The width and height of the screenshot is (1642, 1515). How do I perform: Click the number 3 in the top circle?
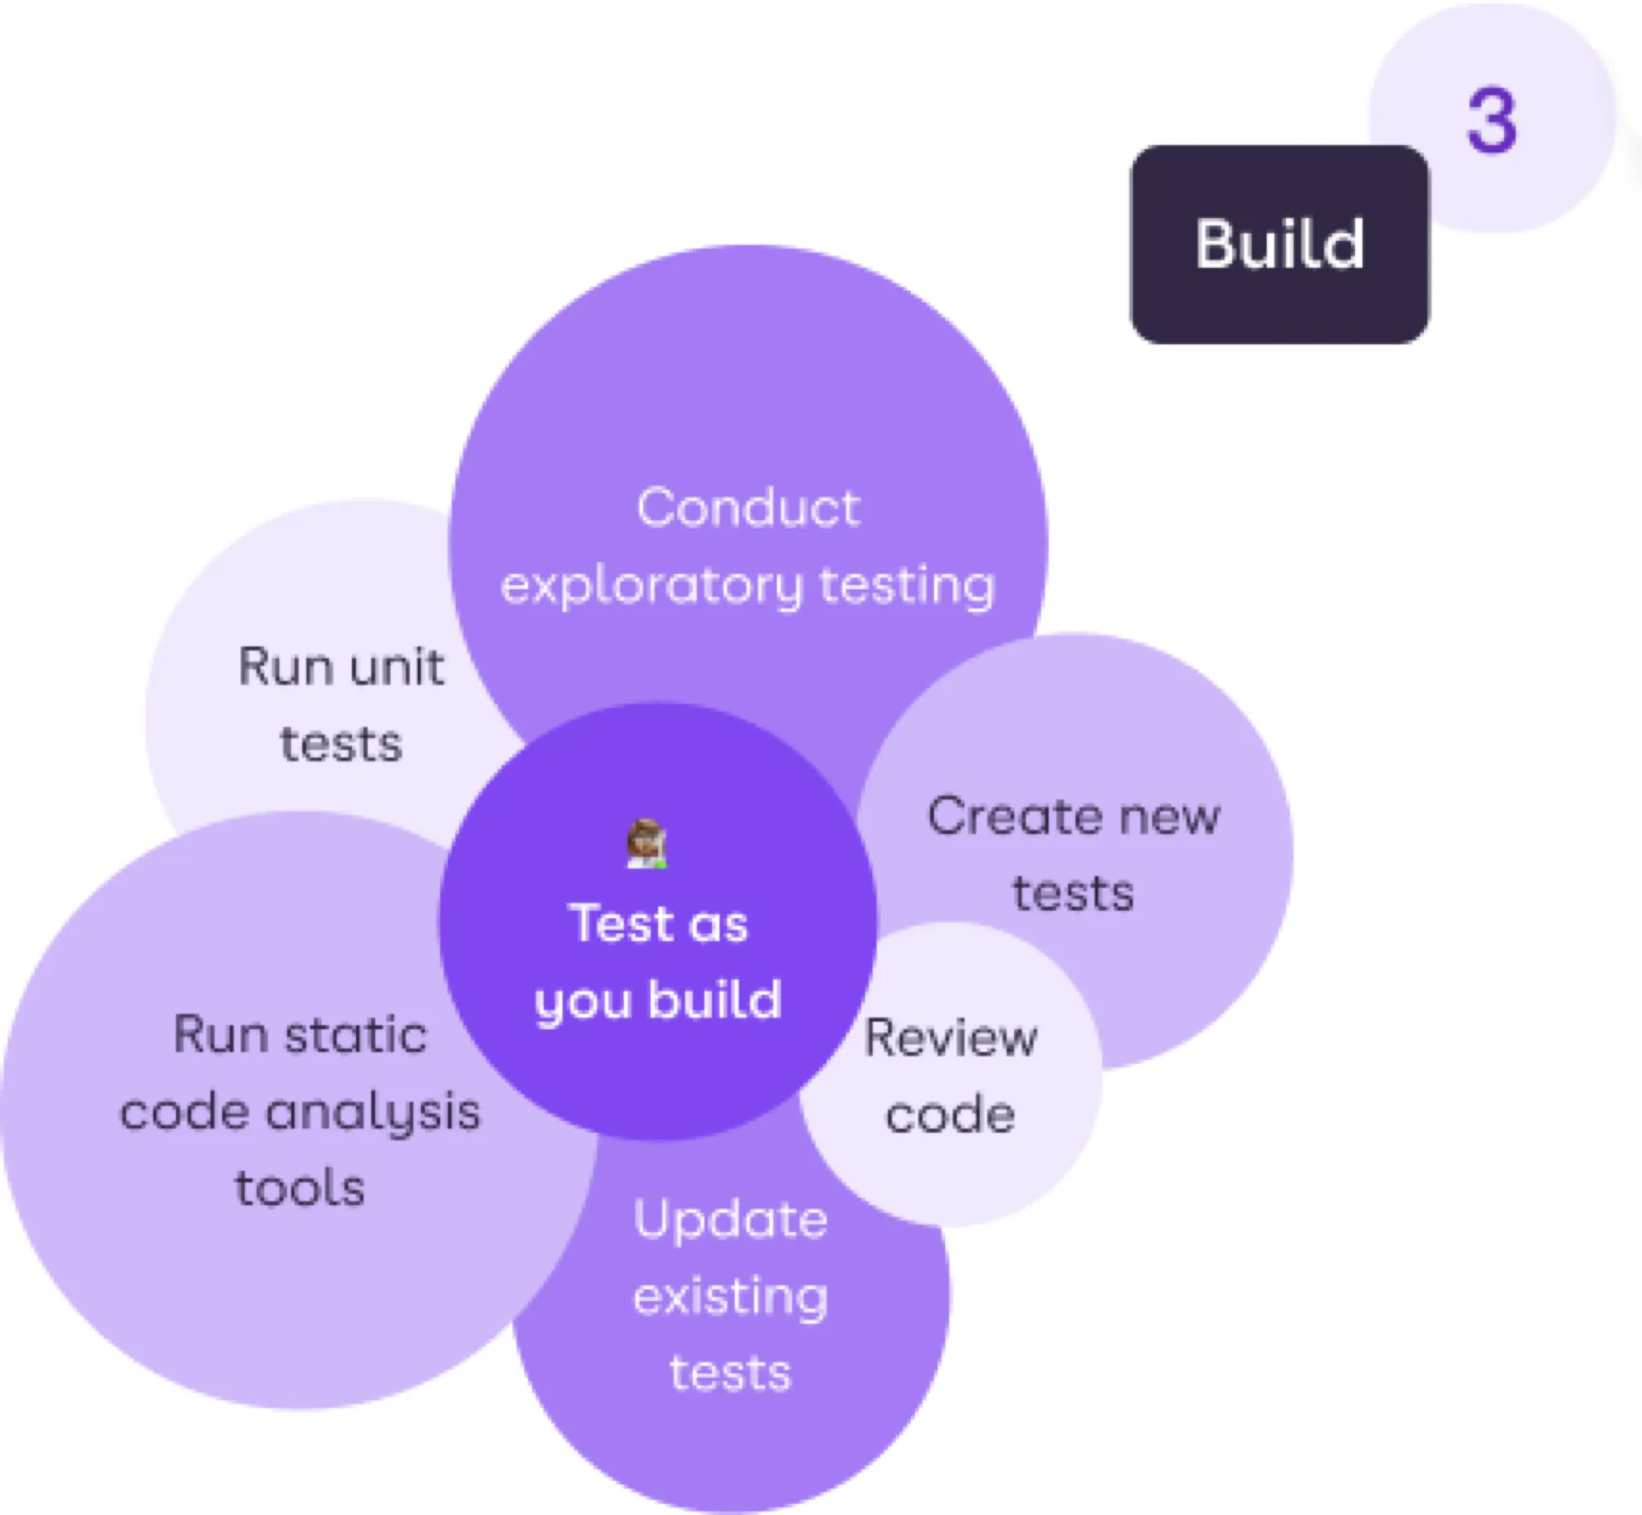[x=1491, y=121]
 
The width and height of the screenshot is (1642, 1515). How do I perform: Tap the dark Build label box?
[x=1279, y=244]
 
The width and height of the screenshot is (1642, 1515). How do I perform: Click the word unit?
[x=397, y=665]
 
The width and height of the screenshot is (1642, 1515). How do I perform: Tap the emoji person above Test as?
[x=647, y=843]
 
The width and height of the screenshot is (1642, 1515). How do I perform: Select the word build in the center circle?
[x=714, y=1001]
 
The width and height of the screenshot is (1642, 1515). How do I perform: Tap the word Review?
[x=950, y=1038]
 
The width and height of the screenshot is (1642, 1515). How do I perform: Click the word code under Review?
[x=950, y=1115]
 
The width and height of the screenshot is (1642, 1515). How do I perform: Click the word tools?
[x=300, y=1188]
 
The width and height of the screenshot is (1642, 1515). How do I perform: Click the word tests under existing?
[x=730, y=1373]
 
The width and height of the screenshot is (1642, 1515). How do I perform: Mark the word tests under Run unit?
[x=341, y=744]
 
